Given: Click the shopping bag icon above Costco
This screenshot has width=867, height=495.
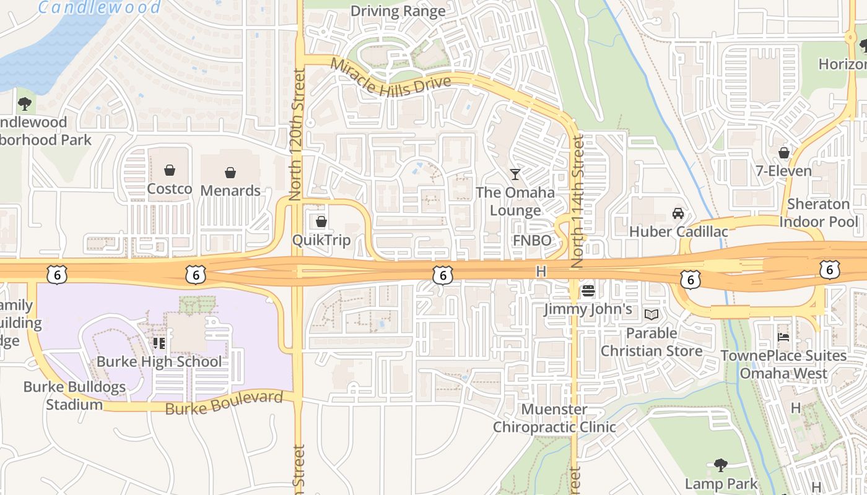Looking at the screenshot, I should [169, 170].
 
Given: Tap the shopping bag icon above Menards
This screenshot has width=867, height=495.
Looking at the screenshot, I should [230, 172].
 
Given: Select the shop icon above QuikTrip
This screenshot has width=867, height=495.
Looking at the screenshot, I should [321, 221].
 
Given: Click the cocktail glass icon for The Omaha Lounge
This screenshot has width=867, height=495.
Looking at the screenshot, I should [515, 174].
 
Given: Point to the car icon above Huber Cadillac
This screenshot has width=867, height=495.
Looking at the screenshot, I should [678, 213].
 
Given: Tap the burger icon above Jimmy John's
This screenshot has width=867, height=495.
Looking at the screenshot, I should [588, 290].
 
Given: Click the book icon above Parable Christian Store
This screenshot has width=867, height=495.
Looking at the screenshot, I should [651, 314].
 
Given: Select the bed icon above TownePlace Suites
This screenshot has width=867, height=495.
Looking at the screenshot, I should [783, 337].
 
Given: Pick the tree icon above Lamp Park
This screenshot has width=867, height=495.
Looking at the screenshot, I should [720, 465].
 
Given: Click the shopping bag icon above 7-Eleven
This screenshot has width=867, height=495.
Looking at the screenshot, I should [784, 152].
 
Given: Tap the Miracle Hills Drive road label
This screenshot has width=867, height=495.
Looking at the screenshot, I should [390, 77].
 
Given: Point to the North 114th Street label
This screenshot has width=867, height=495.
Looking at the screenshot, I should [578, 202].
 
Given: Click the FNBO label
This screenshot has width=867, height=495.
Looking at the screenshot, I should [531, 240].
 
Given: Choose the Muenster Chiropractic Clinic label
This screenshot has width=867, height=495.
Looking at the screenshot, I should [554, 418].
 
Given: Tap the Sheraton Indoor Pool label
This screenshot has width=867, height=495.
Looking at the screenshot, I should [819, 213].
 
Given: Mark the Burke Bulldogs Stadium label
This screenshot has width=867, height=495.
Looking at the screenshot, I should [74, 396].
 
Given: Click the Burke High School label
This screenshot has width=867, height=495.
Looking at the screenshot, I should [159, 362].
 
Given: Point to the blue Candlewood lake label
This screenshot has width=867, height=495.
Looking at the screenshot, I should [99, 7].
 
